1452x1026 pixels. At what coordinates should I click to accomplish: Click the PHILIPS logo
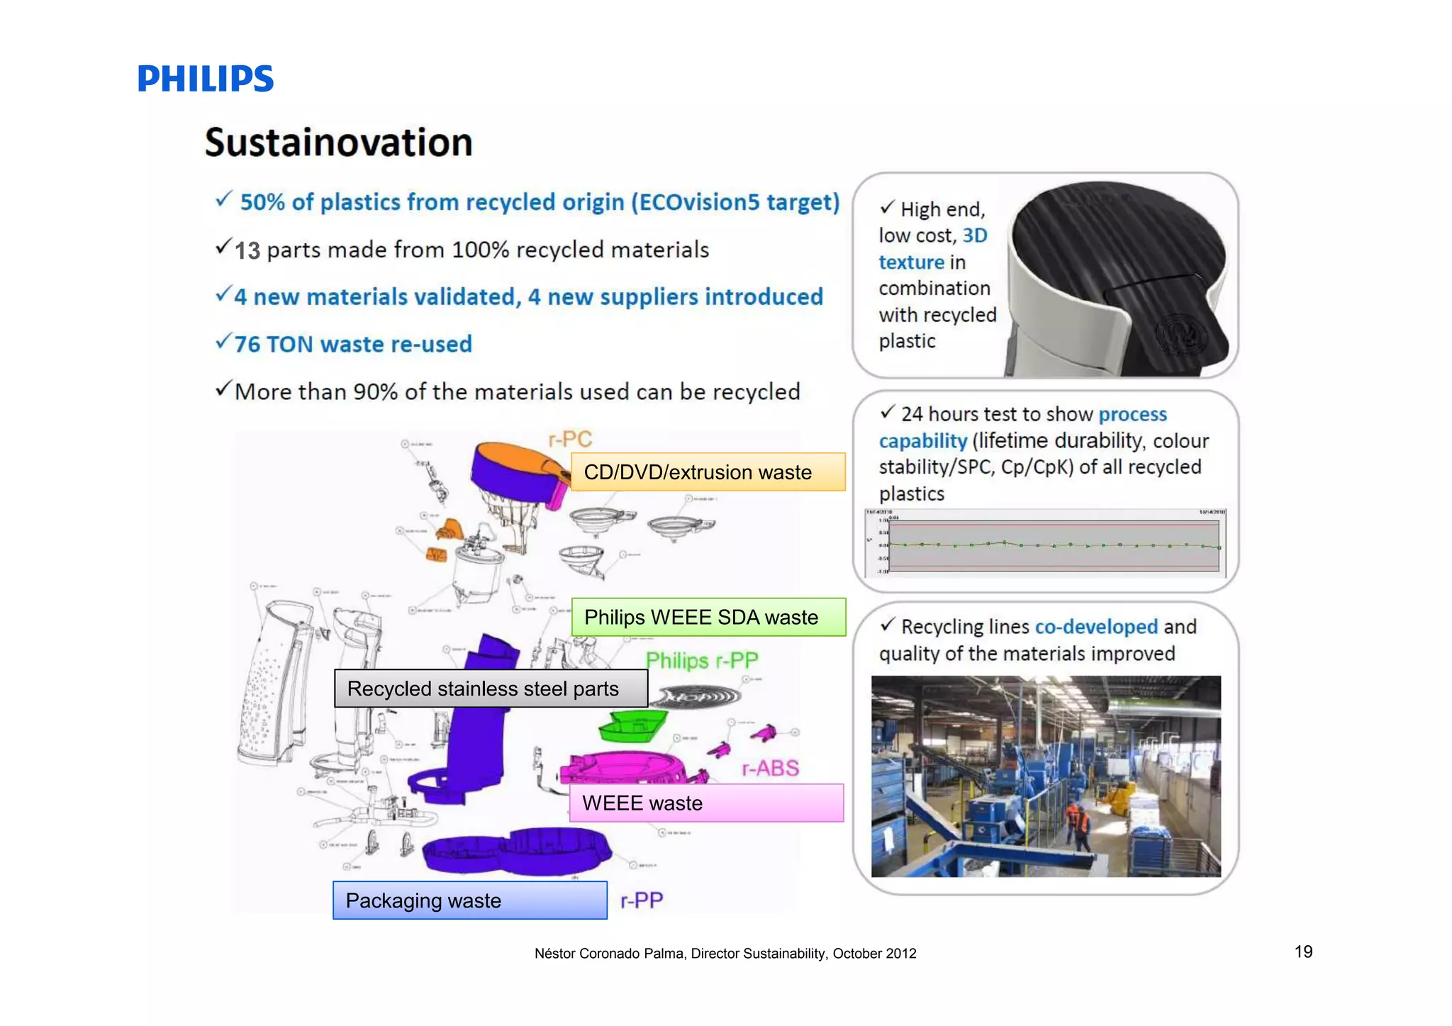tap(205, 79)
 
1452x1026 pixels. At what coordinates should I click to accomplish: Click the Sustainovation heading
tap(338, 143)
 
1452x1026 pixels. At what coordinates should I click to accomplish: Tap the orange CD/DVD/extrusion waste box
tap(708, 472)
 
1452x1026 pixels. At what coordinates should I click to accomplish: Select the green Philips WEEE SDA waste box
tap(708, 617)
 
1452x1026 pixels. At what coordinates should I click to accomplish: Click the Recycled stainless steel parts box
tap(491, 688)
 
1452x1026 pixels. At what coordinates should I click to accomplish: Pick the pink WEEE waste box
tap(706, 803)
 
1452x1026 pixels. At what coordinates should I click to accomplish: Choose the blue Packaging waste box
tap(469, 900)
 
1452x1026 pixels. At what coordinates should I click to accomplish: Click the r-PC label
tap(570, 439)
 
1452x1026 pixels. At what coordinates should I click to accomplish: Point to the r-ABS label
tap(770, 768)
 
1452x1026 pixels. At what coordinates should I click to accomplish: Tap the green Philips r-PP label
tap(701, 660)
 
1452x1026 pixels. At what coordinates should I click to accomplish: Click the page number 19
tap(1303, 952)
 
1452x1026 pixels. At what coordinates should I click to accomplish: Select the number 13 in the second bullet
tap(247, 250)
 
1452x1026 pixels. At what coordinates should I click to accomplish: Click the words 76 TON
tap(274, 345)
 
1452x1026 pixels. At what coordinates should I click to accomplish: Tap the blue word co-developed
tap(1096, 627)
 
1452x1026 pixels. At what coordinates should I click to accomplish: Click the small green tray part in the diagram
tap(633, 727)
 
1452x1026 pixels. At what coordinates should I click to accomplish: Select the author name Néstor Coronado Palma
tap(609, 954)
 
